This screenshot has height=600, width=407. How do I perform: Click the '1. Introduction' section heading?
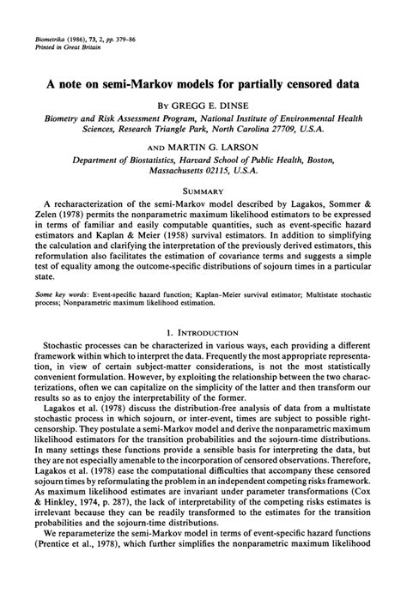(203, 330)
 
